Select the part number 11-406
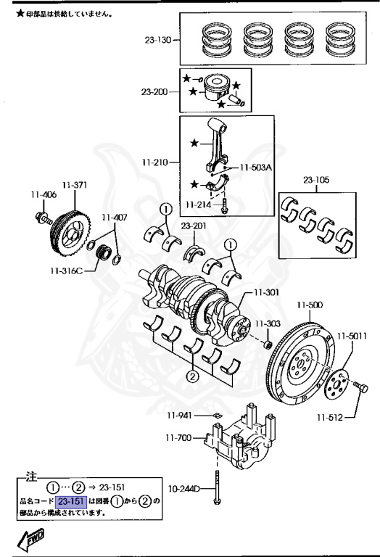43,194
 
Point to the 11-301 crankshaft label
265,294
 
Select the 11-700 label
181,439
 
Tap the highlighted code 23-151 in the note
71,501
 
